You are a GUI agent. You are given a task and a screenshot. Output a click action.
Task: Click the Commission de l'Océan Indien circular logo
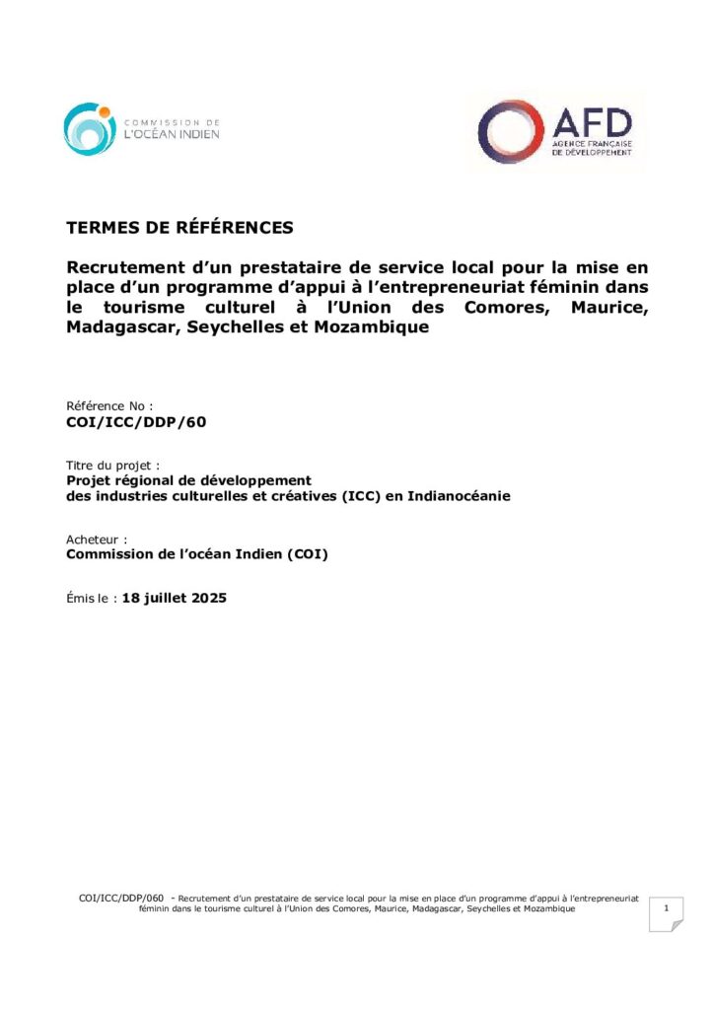[x=90, y=129]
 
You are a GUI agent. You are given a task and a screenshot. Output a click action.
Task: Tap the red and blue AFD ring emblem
[x=510, y=131]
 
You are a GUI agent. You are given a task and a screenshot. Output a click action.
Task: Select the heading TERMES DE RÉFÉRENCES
[x=179, y=228]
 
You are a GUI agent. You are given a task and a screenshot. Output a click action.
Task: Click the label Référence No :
[x=109, y=405]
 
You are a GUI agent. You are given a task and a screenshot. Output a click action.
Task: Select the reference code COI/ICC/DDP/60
[x=136, y=422]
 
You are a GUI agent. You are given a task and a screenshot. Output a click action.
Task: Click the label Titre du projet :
[x=112, y=465]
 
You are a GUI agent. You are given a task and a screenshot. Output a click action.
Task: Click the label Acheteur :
[x=97, y=540]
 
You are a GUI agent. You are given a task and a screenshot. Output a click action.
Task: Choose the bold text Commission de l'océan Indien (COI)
[x=197, y=554]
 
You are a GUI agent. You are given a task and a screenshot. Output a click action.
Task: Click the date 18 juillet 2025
[x=175, y=597]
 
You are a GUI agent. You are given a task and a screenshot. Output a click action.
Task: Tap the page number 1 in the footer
[x=667, y=907]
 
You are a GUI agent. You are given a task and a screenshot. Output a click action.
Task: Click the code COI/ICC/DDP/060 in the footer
[x=121, y=899]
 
